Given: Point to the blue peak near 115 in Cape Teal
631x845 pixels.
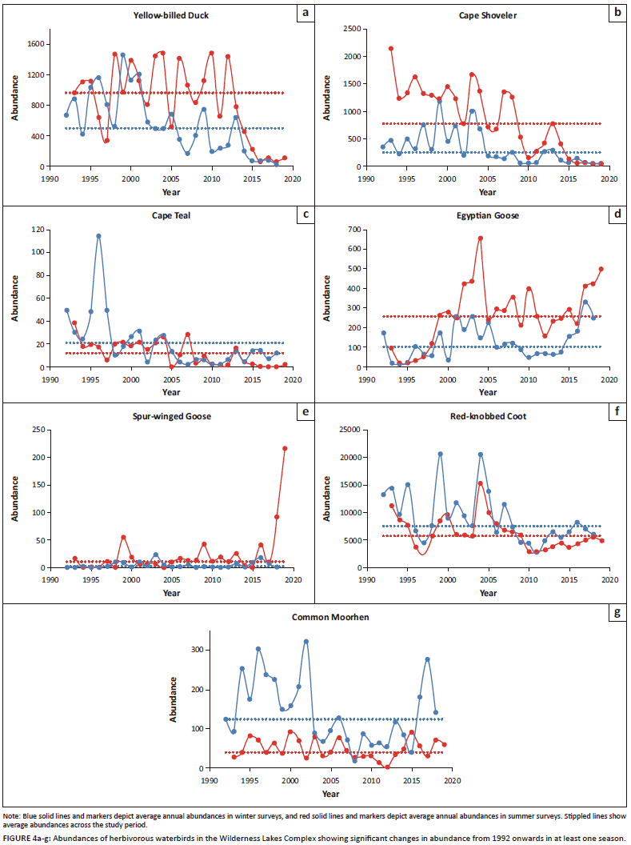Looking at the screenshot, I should click(x=98, y=236).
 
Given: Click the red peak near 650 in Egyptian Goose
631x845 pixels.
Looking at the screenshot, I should click(x=481, y=238).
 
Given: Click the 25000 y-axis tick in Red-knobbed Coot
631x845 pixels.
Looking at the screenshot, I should click(x=350, y=431).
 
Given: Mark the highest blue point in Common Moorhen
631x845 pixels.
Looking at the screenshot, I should click(x=306, y=642).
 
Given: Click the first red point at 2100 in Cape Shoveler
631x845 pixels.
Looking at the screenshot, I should click(x=391, y=49).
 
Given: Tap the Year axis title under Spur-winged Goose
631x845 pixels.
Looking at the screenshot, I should click(x=171, y=593).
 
